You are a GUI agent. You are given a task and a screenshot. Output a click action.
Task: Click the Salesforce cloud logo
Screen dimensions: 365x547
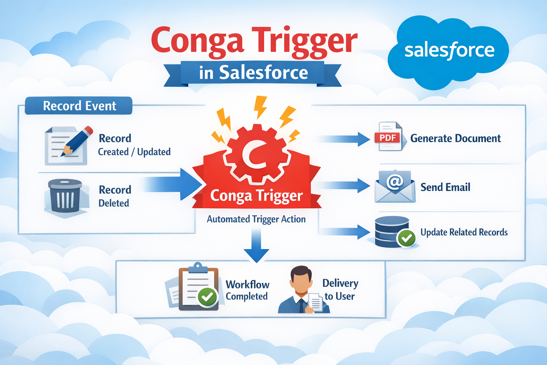pos(449,52)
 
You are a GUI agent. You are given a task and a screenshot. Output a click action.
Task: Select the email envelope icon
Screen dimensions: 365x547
pos(395,186)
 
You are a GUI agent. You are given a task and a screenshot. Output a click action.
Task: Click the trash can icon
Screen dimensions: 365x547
pos(64,196)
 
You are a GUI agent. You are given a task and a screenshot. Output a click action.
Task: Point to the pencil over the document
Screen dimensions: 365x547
pos(77,141)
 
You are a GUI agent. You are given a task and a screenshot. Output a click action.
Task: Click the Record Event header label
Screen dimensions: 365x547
pos(79,106)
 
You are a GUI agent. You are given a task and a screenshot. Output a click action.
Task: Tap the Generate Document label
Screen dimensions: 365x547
pos(455,138)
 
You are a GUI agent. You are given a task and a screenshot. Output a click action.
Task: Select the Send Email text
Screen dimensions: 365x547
pos(445,187)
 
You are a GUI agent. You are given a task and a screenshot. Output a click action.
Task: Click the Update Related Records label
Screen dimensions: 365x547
pos(464,232)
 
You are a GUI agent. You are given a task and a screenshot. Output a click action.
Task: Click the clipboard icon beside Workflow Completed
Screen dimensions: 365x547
pos(198,287)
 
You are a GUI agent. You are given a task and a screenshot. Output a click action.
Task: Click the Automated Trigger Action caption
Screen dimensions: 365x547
pos(256,219)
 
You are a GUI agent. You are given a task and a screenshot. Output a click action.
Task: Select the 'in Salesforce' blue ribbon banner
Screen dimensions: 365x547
pos(253,73)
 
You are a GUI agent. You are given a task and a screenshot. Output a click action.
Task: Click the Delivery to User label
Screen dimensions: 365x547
pos(340,289)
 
